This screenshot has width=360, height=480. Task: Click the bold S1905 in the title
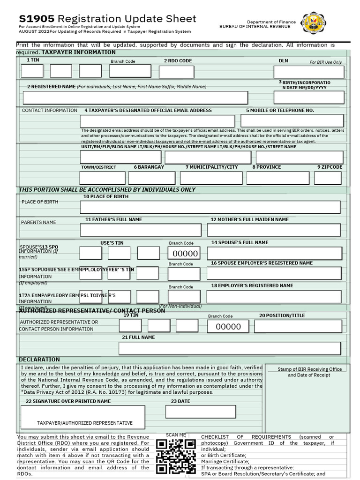[x=37, y=19]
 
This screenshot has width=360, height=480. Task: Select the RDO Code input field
[x=176, y=72]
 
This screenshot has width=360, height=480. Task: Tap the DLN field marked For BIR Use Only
[x=309, y=72]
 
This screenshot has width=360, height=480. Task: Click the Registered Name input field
[x=135, y=97]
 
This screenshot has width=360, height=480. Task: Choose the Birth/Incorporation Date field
[x=309, y=97]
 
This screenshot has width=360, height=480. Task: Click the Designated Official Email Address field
[x=157, y=121]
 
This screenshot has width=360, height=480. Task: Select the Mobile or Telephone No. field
[x=292, y=121]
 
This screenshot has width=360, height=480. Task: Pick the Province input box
[x=278, y=178]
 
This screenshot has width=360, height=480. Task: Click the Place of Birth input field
[x=210, y=207]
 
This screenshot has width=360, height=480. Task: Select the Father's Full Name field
[x=141, y=230]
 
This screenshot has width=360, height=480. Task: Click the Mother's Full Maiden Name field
[x=274, y=230]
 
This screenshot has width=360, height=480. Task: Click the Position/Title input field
[x=298, y=326]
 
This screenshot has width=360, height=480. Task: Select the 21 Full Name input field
[x=230, y=348]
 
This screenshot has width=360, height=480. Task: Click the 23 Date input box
[x=200, y=412]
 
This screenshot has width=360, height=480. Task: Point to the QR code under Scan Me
[x=176, y=456]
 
